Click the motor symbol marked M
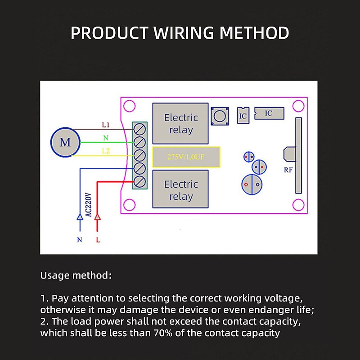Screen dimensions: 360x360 pos(65,142)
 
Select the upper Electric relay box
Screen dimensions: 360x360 pos(181,124)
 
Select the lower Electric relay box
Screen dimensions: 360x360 pos(181,190)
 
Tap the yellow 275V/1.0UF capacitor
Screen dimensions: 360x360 pos(186,157)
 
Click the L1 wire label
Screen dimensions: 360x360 pos(106,124)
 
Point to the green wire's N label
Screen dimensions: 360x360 pos(106,138)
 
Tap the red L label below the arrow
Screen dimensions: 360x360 pos(98,240)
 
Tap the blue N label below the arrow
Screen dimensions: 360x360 pos(80,240)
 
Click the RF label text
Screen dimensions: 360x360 pos(289,170)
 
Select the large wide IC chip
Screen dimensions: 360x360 pos(269,113)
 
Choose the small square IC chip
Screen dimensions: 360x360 pos(243,115)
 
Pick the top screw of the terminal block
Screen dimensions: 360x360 pos(140,129)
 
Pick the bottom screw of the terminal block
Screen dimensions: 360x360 pos(140,181)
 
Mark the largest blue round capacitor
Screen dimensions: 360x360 pos(252,184)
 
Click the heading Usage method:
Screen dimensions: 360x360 pos(76,275)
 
